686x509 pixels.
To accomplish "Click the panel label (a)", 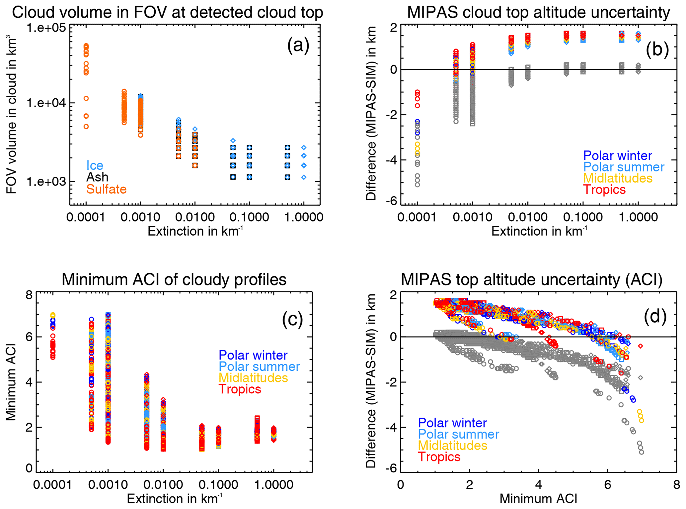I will pyautogui.click(x=298, y=46).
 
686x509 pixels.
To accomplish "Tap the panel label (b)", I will pyautogui.click(x=657, y=49).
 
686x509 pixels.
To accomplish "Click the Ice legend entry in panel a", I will pyautogui.click(x=95, y=165).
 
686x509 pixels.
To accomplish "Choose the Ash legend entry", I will pyautogui.click(x=97, y=177).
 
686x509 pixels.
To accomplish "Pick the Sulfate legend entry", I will pyautogui.click(x=106, y=189).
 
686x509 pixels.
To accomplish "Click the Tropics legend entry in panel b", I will pyautogui.click(x=604, y=189).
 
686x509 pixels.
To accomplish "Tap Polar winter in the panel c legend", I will pyautogui.click(x=253, y=355).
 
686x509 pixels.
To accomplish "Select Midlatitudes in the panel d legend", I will pyautogui.click(x=452, y=445).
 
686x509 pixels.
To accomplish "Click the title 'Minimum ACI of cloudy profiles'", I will pyautogui.click(x=174, y=280).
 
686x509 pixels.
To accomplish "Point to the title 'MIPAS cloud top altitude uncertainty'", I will pyautogui.click(x=538, y=13).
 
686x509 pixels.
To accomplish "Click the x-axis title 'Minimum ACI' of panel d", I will pyautogui.click(x=538, y=499).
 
